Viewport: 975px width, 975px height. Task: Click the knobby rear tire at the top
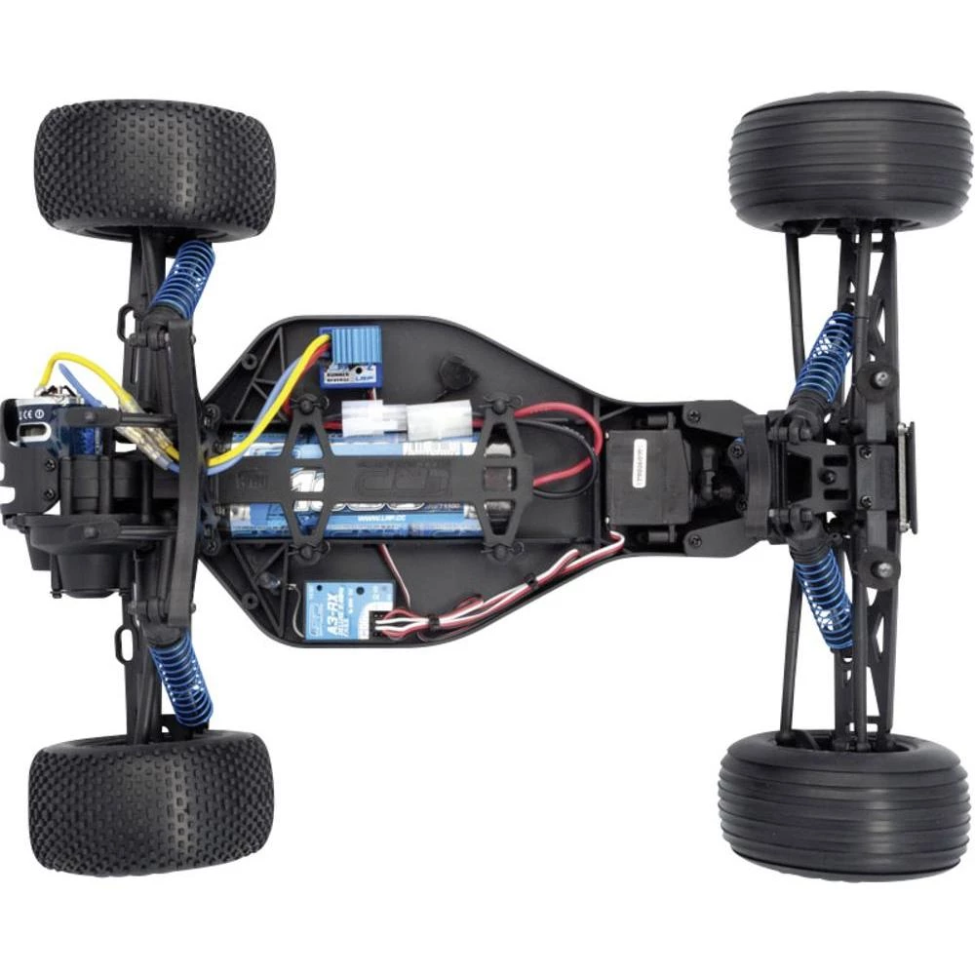click(x=154, y=170)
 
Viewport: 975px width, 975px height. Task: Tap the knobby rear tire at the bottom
click(x=151, y=801)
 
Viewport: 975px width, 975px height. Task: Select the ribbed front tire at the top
click(x=849, y=161)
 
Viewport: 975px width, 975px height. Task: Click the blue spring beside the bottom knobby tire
click(x=181, y=682)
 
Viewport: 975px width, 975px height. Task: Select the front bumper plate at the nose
click(x=908, y=478)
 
